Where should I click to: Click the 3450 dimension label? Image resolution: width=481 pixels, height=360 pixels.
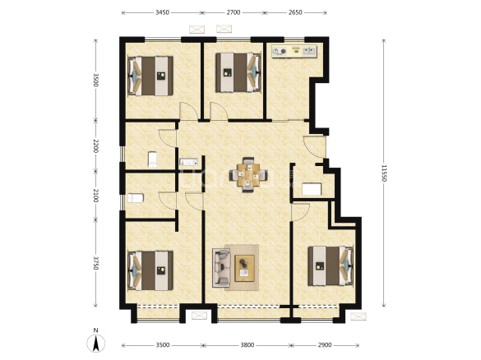click(162, 12)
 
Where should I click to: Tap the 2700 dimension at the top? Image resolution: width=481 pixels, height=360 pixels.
click(234, 12)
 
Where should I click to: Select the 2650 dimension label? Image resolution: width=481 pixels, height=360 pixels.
click(295, 12)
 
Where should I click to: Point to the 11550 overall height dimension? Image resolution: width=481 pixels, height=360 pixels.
click(384, 173)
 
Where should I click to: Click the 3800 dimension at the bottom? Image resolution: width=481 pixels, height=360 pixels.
click(247, 345)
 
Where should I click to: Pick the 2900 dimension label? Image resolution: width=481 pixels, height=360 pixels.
click(325, 345)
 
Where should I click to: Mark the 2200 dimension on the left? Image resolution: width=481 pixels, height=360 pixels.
click(95, 146)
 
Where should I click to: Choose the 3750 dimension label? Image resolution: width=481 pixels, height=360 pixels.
click(95, 263)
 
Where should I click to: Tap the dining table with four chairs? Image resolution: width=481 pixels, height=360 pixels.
click(248, 175)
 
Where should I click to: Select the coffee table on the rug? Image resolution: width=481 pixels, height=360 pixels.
click(244, 268)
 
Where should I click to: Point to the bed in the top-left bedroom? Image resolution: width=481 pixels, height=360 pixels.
click(150, 76)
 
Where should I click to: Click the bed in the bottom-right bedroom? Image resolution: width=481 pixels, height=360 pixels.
click(331, 265)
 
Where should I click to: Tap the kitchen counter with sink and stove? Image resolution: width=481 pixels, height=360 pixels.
click(294, 52)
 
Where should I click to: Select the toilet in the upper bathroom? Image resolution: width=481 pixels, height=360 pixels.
click(152, 159)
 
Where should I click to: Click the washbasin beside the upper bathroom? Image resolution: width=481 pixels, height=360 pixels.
click(188, 162)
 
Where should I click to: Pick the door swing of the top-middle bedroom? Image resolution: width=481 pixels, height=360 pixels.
click(218, 111)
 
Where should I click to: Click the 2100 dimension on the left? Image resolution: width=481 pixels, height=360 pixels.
click(95, 196)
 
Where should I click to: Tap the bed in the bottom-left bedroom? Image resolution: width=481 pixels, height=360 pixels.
click(150, 270)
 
